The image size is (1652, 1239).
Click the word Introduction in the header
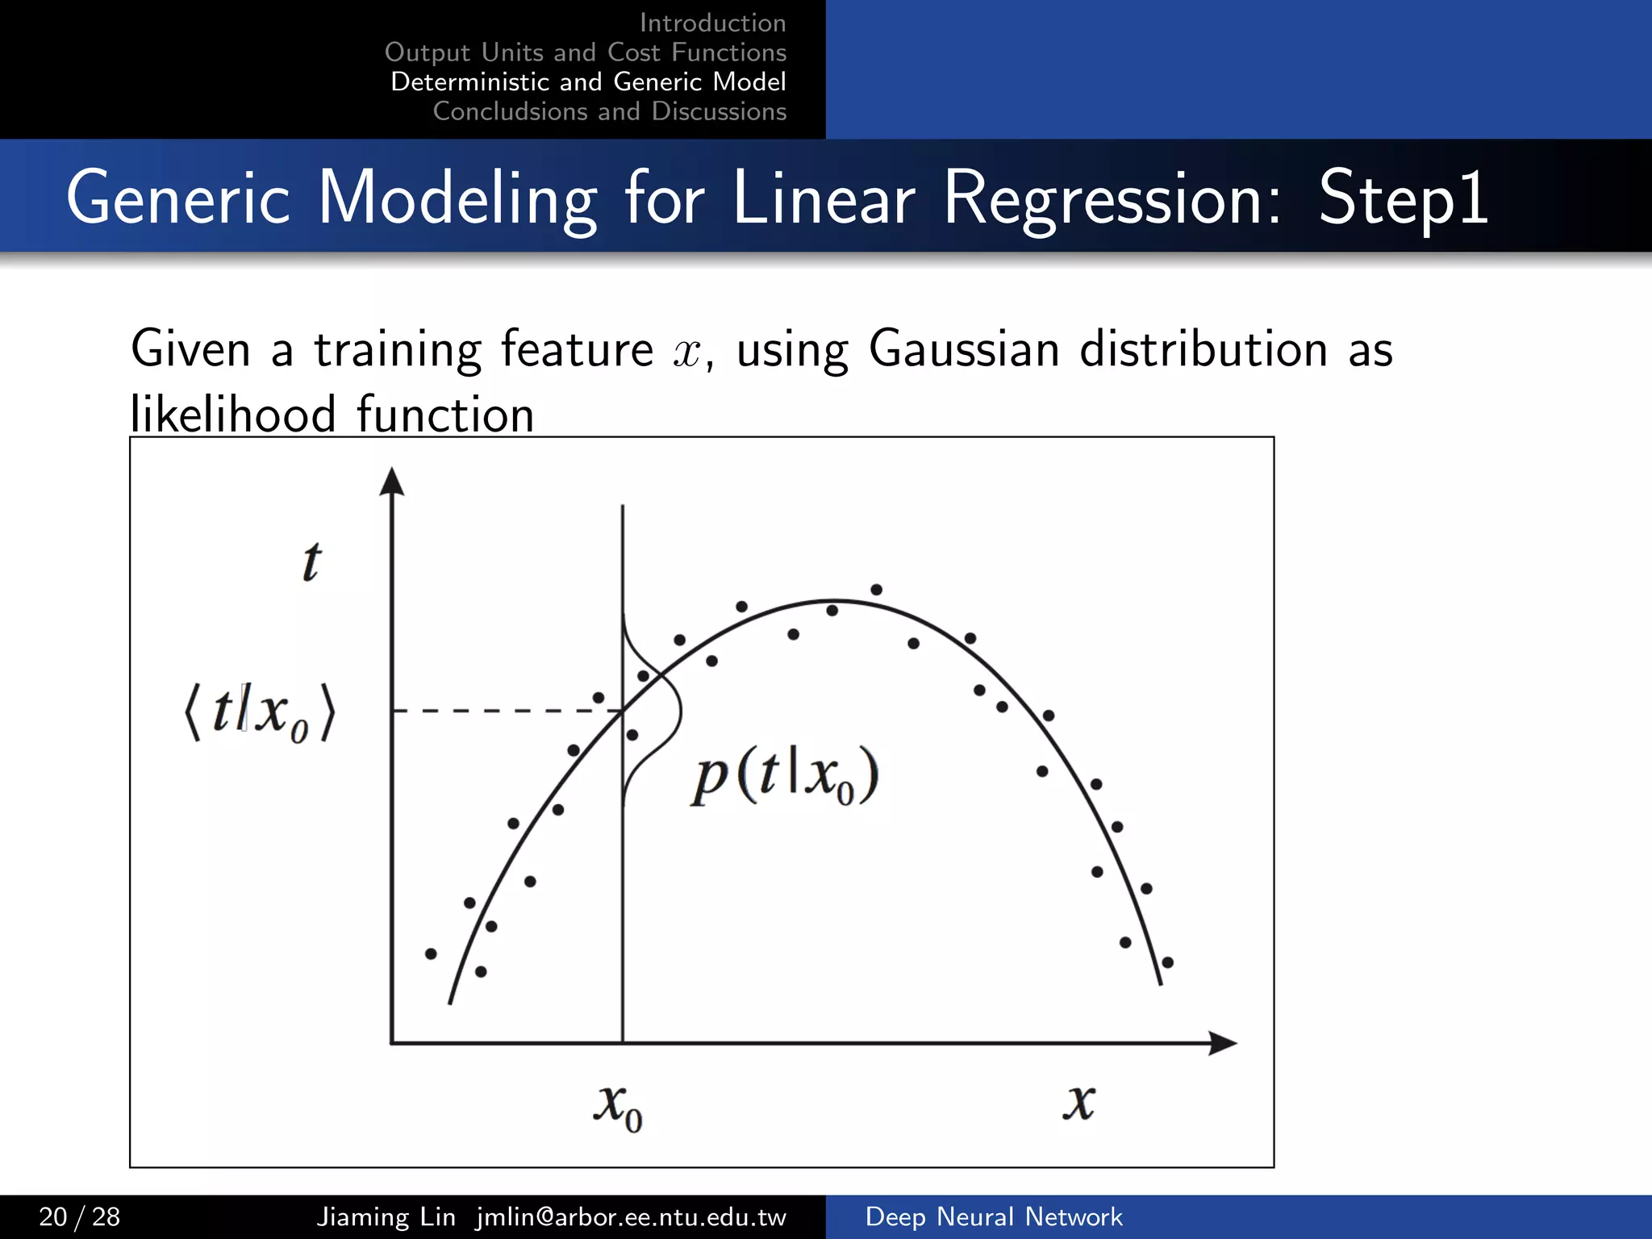(712, 23)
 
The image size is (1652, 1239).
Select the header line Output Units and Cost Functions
(586, 52)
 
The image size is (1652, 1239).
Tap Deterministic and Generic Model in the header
(588, 81)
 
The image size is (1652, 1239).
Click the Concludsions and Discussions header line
(609, 111)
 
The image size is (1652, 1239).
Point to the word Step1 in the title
(1403, 198)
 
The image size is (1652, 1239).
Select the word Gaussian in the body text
(964, 349)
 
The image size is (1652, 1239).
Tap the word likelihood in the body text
(232, 415)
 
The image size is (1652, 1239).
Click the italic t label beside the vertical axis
(311, 561)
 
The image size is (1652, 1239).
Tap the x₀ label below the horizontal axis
(618, 1107)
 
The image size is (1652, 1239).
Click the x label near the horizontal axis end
(1078, 1102)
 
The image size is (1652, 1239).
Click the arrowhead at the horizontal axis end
(1223, 1043)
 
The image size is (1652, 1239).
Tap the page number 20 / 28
(80, 1216)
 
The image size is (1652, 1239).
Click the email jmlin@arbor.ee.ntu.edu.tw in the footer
(631, 1216)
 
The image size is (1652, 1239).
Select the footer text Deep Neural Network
(993, 1216)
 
